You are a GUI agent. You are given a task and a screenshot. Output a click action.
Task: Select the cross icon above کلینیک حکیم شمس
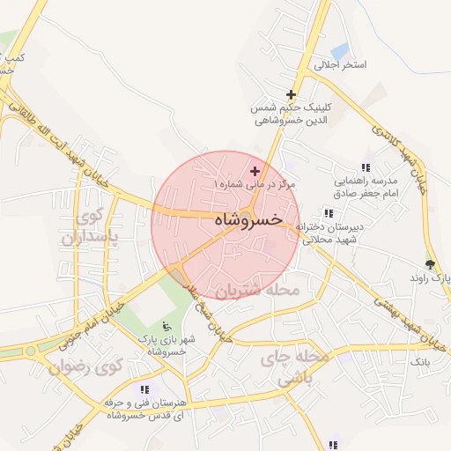(x=291, y=94)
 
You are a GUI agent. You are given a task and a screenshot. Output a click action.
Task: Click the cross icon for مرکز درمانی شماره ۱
(x=255, y=171)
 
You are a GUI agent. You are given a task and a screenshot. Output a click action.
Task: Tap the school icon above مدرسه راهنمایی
(x=366, y=167)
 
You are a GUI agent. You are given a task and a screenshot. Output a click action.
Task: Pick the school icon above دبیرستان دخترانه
(x=329, y=213)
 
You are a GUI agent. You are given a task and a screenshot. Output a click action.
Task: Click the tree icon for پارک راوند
(x=430, y=263)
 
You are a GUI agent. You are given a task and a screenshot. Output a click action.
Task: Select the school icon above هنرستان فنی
(x=144, y=389)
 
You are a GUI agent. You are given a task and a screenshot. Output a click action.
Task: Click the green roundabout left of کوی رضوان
(x=33, y=351)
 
